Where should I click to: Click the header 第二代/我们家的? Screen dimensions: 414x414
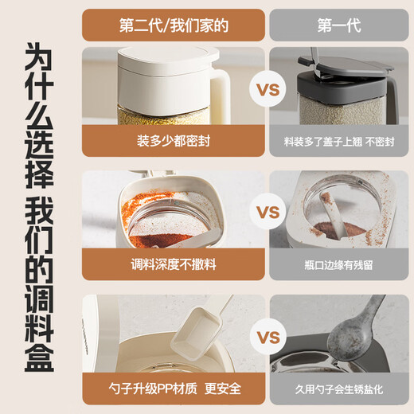tap(174, 25)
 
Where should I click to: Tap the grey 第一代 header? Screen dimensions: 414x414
tap(339, 25)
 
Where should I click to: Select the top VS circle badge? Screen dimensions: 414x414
tap(268, 89)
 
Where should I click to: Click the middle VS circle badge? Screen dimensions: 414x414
tap(268, 212)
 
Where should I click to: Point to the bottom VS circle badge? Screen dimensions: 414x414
tap(268, 337)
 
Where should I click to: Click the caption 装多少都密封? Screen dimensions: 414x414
tap(174, 141)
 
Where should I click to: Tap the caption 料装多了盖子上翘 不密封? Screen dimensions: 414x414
tap(339, 142)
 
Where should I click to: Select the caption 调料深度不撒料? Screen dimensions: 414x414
tap(174, 264)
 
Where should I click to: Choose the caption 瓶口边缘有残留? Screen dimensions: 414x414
tap(338, 265)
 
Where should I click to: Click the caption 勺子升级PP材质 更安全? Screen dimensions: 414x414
tap(174, 389)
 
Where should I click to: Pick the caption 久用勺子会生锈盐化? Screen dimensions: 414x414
tap(339, 389)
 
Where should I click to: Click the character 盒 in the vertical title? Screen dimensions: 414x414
tap(39, 359)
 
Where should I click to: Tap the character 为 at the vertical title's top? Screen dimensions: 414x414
tap(39, 57)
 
